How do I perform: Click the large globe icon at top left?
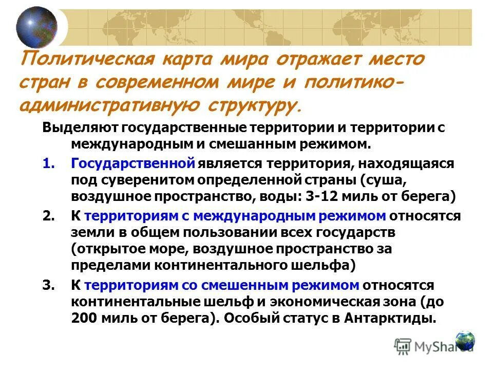pyautogui.click(x=36, y=27)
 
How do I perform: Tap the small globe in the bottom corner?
pyautogui.click(x=465, y=340)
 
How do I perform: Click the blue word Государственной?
pyautogui.click(x=133, y=163)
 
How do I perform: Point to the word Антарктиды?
pyautogui.click(x=392, y=318)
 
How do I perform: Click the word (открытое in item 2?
pyautogui.click(x=102, y=249)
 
